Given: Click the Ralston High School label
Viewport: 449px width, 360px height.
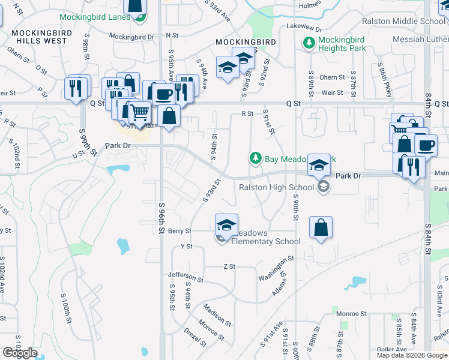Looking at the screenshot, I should point(276,187).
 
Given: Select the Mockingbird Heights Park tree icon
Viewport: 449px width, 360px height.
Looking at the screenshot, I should point(309,43).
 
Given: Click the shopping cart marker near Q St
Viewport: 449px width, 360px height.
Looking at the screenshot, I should point(139,112).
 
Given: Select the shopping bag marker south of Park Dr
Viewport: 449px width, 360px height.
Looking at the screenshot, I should point(321,227).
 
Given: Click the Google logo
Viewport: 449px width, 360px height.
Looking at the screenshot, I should point(20,353).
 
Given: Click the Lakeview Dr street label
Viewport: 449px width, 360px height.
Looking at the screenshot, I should point(304,28).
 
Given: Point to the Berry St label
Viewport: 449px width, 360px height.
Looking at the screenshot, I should point(179,231).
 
